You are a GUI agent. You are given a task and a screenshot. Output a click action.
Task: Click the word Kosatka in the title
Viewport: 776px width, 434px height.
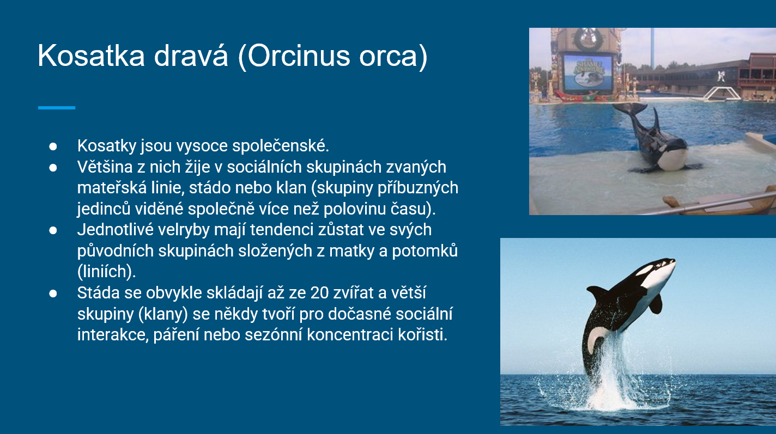coord(91,56)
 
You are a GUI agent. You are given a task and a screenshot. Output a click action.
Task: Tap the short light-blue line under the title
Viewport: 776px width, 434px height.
coord(57,108)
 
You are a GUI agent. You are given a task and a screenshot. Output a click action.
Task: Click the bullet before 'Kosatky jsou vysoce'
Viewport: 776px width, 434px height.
coord(53,146)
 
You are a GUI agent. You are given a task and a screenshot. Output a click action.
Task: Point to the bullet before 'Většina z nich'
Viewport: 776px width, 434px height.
coord(53,168)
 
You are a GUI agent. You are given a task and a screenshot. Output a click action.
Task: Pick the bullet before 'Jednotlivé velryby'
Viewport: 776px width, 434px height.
coord(53,230)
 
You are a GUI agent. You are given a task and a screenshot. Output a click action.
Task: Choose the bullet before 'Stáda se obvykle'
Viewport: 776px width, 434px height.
coord(53,294)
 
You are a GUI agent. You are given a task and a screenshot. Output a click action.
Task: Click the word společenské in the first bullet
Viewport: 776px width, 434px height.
coord(280,146)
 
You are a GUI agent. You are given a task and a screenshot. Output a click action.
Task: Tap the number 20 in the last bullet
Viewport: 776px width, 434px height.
coord(319,293)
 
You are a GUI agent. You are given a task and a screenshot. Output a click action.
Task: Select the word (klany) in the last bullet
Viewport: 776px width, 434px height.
coord(163,314)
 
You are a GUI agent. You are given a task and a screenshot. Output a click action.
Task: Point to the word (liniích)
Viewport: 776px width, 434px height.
coord(107,272)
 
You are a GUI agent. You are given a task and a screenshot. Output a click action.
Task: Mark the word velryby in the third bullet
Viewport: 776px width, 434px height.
coord(184,230)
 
